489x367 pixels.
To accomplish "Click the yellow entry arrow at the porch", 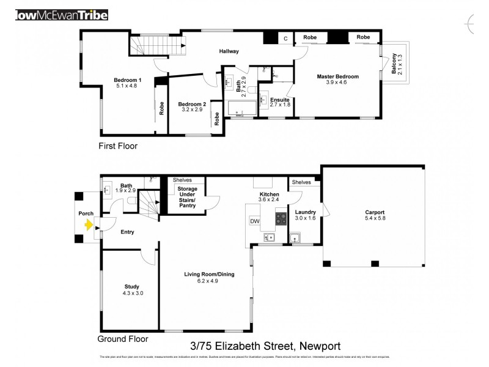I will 89,225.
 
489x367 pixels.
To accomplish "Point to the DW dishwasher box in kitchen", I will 255,221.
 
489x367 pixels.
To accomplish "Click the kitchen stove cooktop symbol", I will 281,217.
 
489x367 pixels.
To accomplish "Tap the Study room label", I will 131,286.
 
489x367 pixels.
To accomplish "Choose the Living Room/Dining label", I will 205,274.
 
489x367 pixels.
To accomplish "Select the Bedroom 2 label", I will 192,104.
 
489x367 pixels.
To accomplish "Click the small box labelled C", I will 285,39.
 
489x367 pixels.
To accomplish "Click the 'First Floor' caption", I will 118,146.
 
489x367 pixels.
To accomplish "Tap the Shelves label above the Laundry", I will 301,182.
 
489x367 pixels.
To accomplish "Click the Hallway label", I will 229,51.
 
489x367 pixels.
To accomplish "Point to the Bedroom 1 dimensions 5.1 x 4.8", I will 128,86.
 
